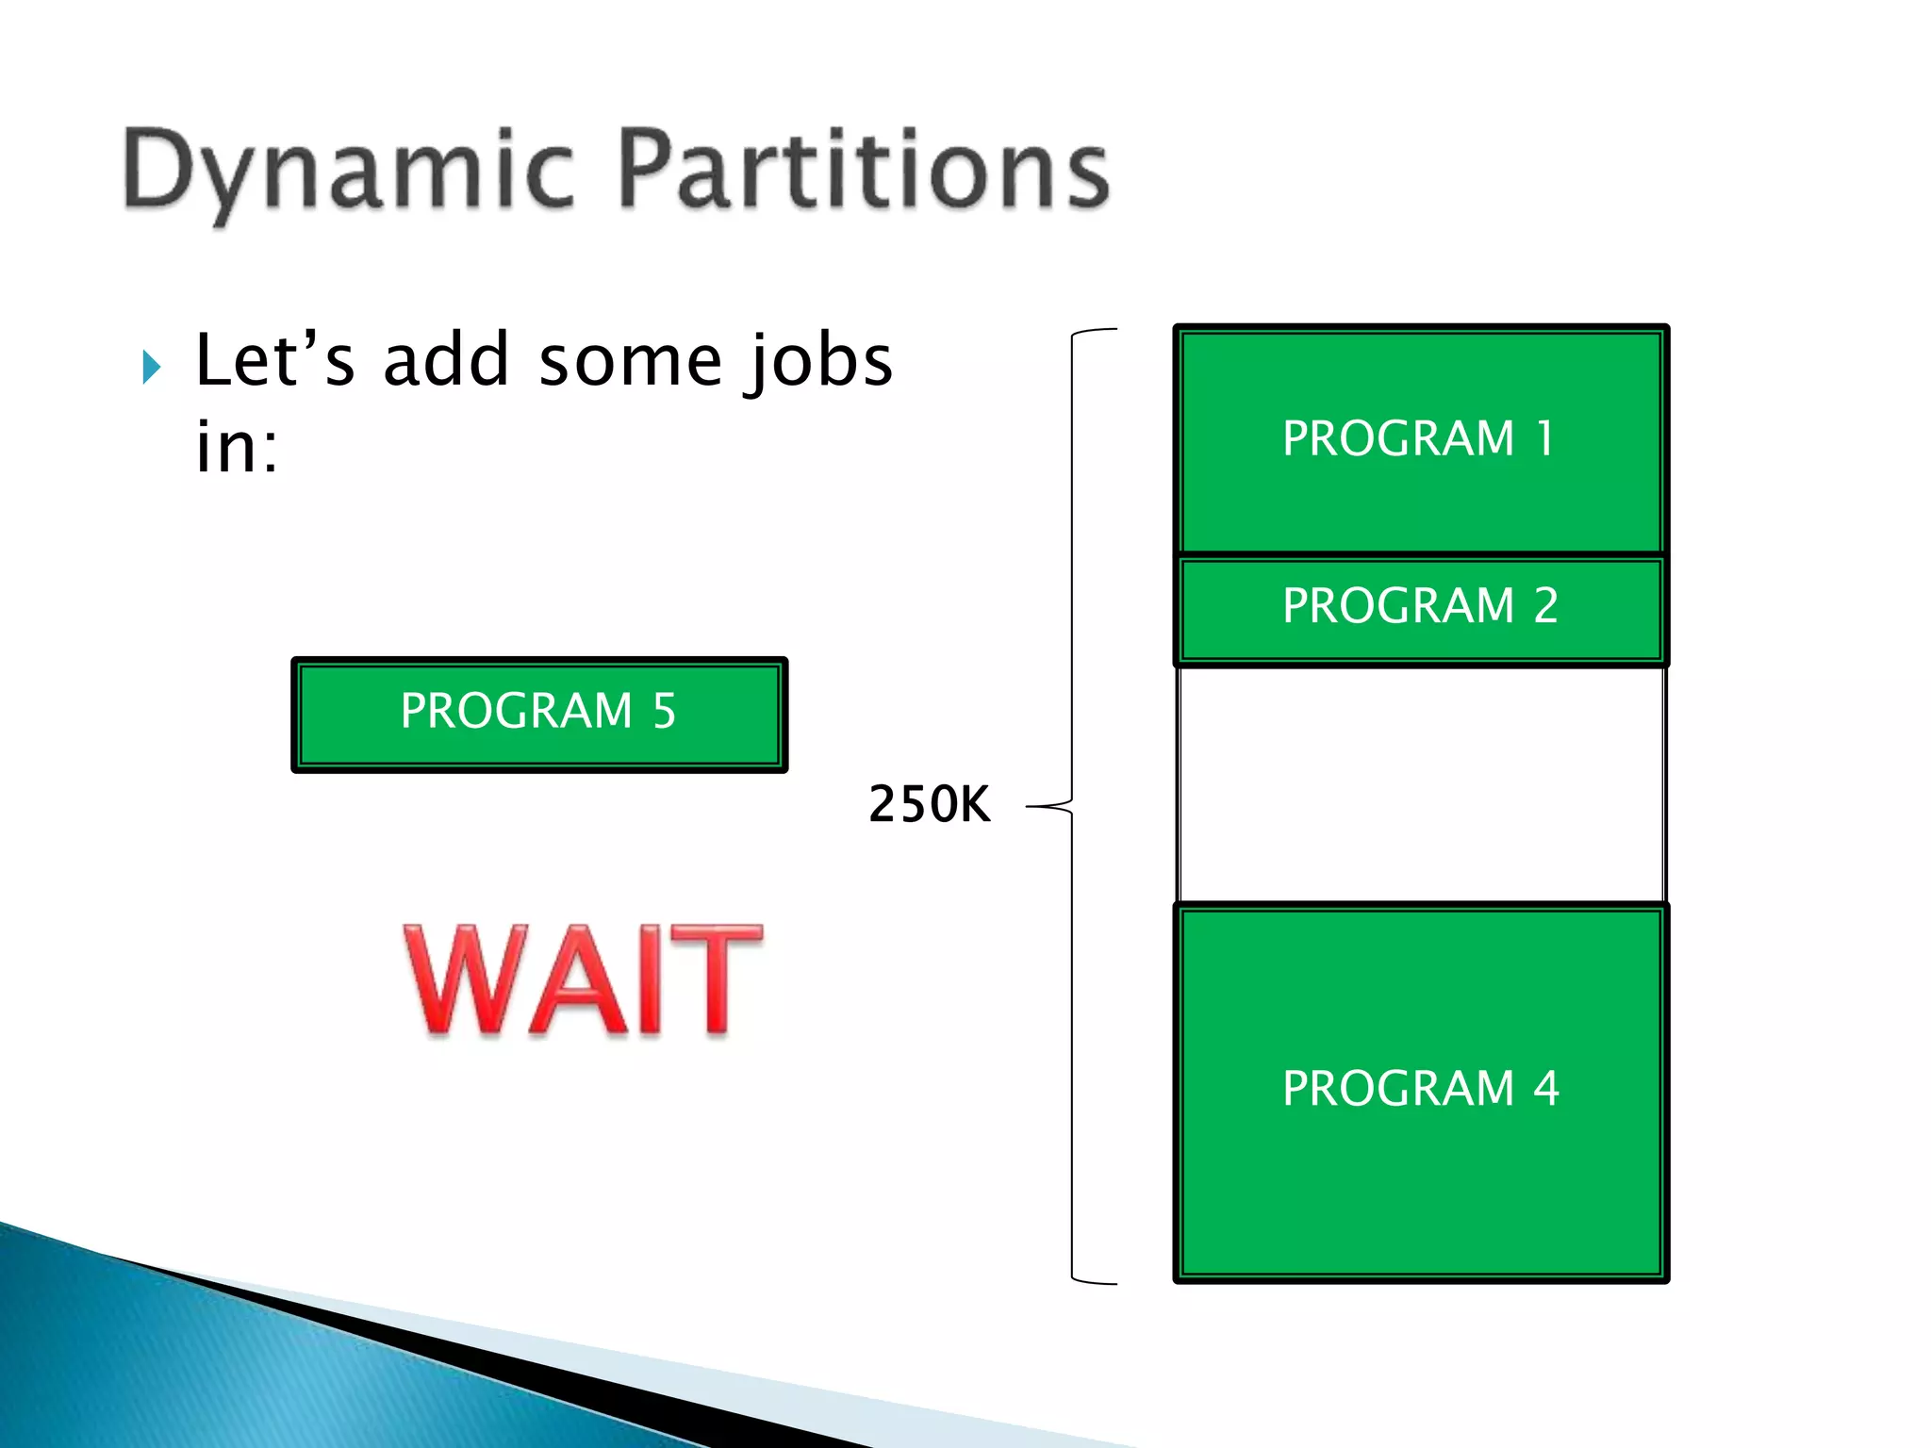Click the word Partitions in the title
(x=865, y=170)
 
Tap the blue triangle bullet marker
(x=152, y=367)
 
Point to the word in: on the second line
(x=237, y=447)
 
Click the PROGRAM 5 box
(x=539, y=714)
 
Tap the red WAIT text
(x=583, y=980)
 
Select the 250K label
(x=929, y=804)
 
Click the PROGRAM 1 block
(x=1420, y=439)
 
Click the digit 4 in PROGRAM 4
(x=1545, y=1089)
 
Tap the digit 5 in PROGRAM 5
(x=664, y=711)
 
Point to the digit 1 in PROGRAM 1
(x=1544, y=438)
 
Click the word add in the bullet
(x=446, y=360)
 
